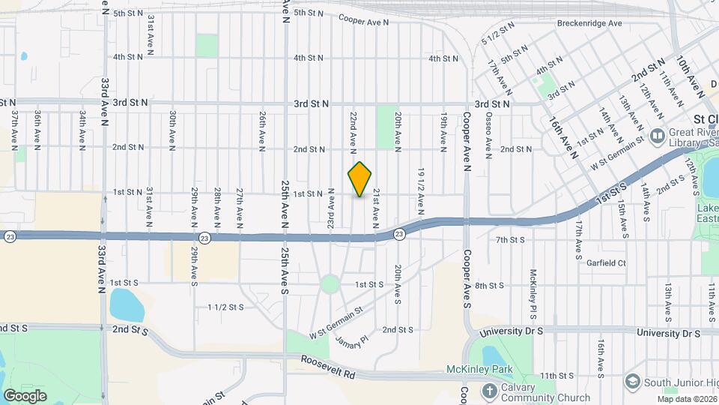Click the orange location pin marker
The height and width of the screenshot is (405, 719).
(360, 179)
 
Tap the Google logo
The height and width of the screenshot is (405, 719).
(25, 395)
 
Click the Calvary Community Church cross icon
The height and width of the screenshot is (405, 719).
(488, 390)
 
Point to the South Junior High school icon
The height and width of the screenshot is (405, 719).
(633, 382)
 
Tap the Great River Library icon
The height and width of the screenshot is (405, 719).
(658, 136)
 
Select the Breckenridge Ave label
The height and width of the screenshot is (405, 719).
(589, 23)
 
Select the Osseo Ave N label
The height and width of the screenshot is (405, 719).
(489, 136)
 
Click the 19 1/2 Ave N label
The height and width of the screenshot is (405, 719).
(422, 187)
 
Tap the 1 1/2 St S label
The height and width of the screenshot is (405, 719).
(225, 307)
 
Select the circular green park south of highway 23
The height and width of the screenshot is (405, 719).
(330, 284)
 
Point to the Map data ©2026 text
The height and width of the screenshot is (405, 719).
(687, 399)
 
